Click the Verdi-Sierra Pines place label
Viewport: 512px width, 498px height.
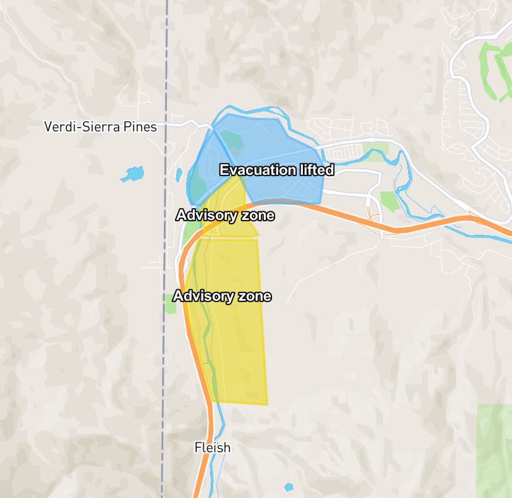point(100,127)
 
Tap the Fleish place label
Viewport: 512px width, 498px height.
point(212,447)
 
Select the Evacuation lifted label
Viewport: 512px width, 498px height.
point(276,170)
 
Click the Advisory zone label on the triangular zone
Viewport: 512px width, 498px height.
point(224,216)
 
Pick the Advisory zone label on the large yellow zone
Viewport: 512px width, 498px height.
point(222,296)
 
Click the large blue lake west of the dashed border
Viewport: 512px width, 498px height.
point(132,174)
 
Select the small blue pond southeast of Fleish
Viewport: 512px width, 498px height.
point(289,487)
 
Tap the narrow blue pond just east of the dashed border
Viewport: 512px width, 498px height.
point(179,175)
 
